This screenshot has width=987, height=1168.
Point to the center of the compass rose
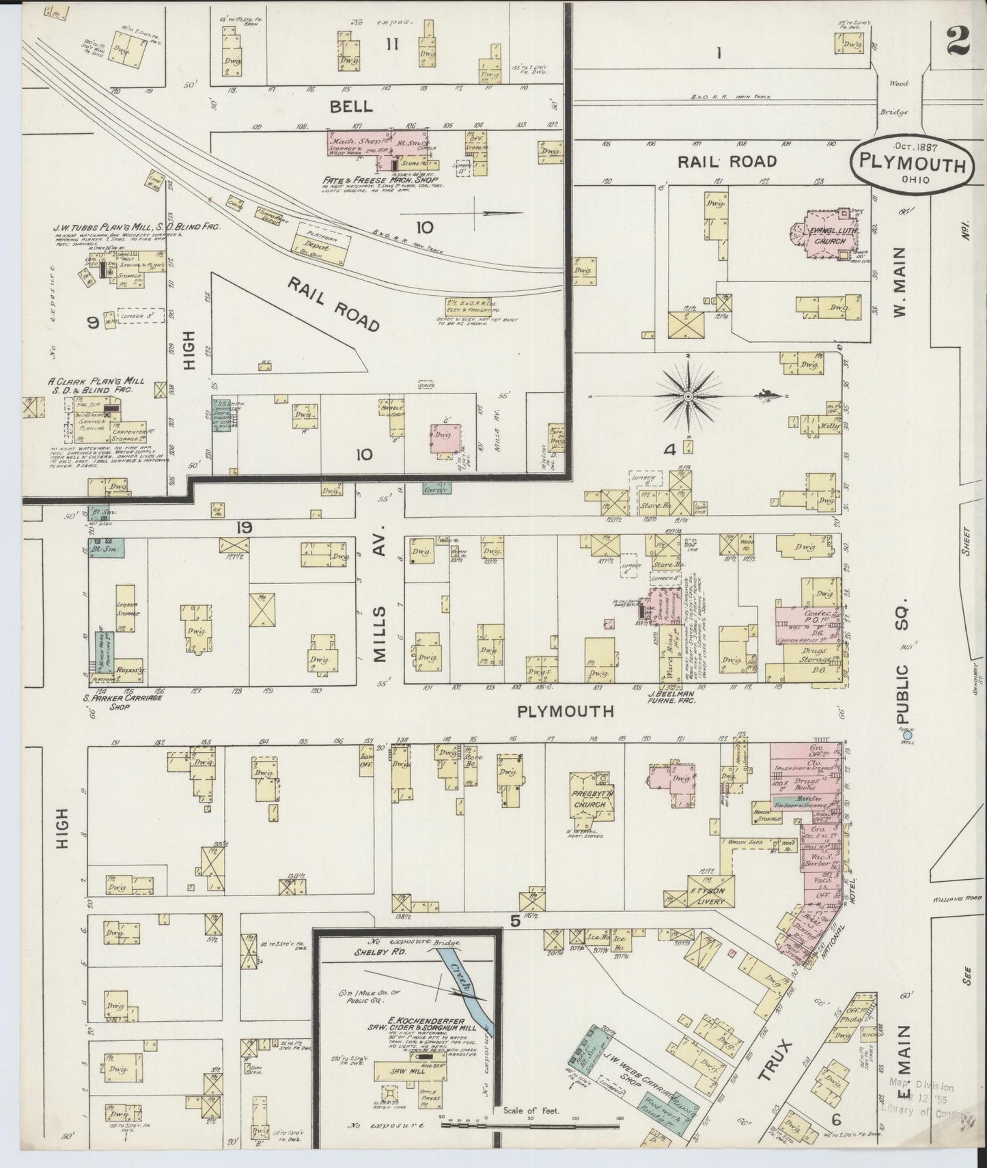(x=689, y=395)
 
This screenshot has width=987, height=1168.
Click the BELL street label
(x=351, y=107)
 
